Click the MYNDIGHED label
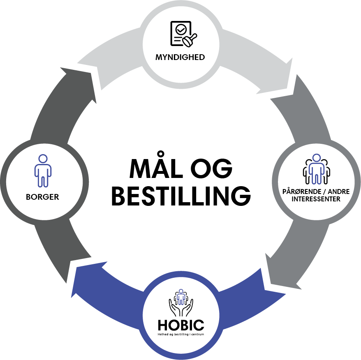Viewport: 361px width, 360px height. [x=180, y=58]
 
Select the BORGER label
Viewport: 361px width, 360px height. [x=42, y=197]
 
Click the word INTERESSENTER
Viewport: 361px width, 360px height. [x=316, y=199]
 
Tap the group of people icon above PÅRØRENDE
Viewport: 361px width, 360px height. [x=316, y=169]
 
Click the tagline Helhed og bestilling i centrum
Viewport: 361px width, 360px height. [x=180, y=335]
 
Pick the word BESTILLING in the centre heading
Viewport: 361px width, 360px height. [x=181, y=196]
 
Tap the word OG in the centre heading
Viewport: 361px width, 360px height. [x=211, y=169]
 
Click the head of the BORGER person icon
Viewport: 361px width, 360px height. [x=42, y=158]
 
